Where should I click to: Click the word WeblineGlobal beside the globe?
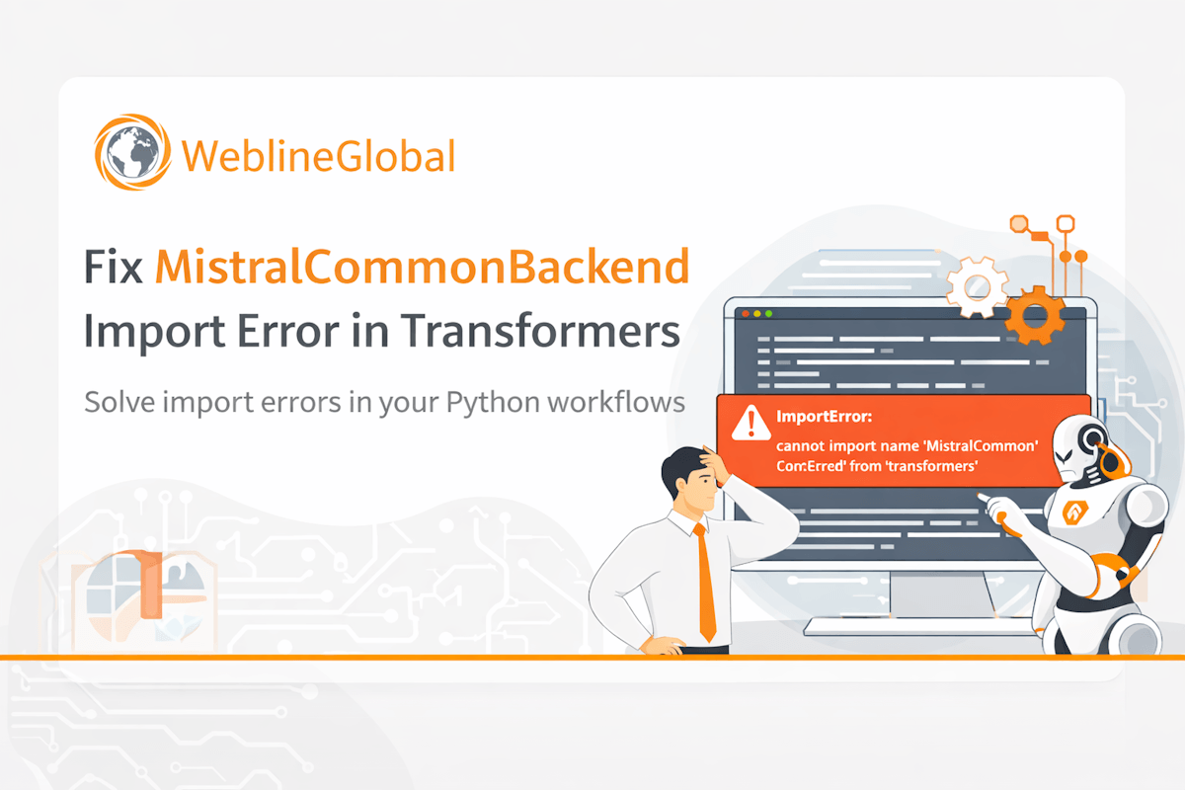(318, 156)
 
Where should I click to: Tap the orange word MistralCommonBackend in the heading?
(423, 269)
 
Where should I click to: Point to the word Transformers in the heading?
(540, 332)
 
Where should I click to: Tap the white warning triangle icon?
(751, 424)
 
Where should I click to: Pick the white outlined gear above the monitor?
(976, 287)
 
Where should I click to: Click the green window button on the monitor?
(769, 313)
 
